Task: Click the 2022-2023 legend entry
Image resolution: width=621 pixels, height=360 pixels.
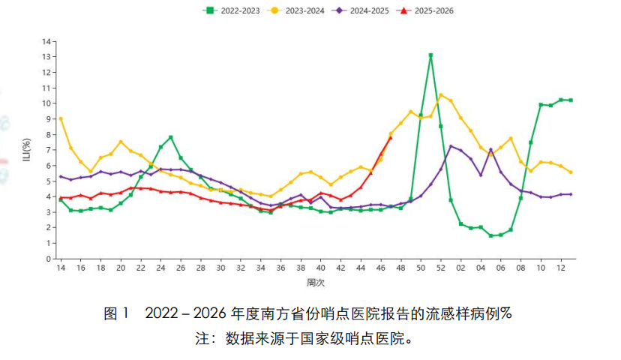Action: tap(232, 10)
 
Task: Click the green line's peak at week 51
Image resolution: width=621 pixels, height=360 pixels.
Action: tap(430, 55)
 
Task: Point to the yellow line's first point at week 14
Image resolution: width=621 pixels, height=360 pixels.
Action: tap(61, 118)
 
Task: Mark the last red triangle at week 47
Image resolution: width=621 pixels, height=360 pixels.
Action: tap(390, 137)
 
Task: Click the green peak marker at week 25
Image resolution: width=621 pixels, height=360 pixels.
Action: tap(171, 137)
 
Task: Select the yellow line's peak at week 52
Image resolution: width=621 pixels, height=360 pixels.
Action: tap(441, 95)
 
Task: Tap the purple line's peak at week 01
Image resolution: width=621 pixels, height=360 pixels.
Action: tap(451, 146)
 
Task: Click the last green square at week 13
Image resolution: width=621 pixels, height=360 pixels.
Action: tap(571, 100)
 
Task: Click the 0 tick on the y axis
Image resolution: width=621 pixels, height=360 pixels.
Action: tap(49, 259)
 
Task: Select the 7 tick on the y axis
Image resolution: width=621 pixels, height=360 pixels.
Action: tap(49, 150)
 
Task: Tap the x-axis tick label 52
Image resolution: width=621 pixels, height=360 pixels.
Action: tap(441, 268)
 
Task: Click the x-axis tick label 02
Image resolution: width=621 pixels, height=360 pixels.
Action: tap(460, 268)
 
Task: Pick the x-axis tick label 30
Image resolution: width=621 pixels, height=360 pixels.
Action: tap(220, 268)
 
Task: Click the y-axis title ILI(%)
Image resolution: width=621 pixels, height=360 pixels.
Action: tap(28, 150)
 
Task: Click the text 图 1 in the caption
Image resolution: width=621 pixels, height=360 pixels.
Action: tap(117, 313)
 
